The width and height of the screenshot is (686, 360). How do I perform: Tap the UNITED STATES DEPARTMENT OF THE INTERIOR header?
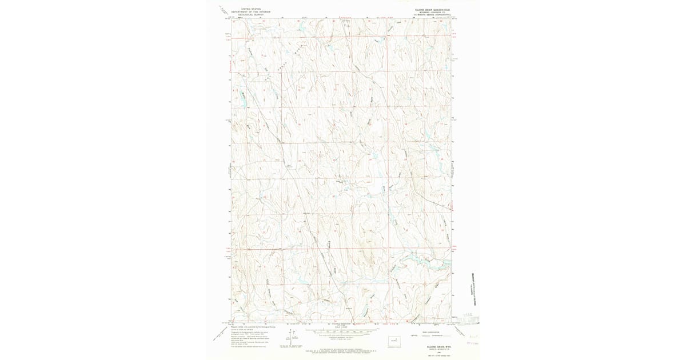click(x=250, y=11)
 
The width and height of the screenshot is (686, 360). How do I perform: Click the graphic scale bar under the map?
click(x=341, y=330)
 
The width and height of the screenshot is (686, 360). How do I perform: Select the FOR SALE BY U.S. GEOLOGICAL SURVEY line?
click(x=341, y=349)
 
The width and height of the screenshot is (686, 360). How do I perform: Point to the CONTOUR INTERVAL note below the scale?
click(x=341, y=337)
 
